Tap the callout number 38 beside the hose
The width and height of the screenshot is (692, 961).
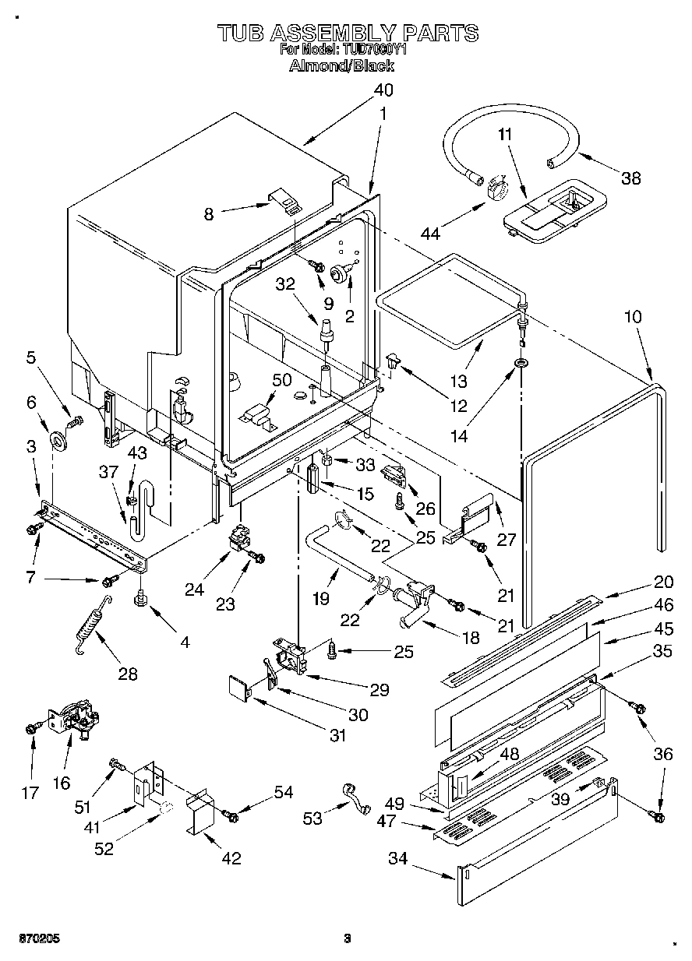[630, 178]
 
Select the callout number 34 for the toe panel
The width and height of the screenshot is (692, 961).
[398, 859]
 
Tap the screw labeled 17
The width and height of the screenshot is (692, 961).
[31, 727]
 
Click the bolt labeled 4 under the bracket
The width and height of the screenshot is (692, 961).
[141, 597]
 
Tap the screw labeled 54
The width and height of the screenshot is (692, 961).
[231, 815]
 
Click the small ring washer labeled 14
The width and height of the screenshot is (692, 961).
[520, 364]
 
